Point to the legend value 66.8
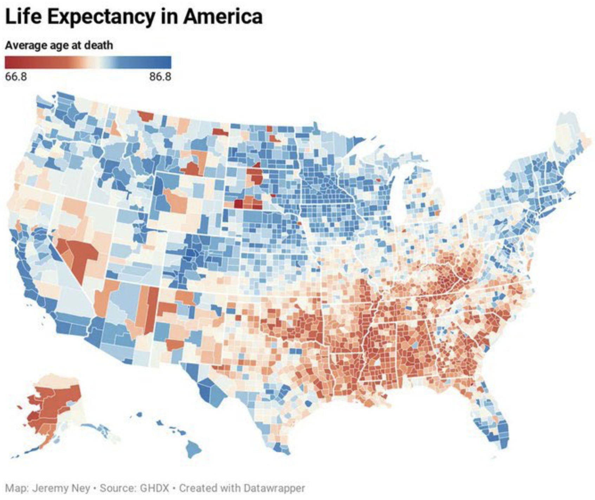[x=15, y=76]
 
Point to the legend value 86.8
[x=160, y=76]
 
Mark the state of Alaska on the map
[x=53, y=404]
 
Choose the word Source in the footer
[x=118, y=488]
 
